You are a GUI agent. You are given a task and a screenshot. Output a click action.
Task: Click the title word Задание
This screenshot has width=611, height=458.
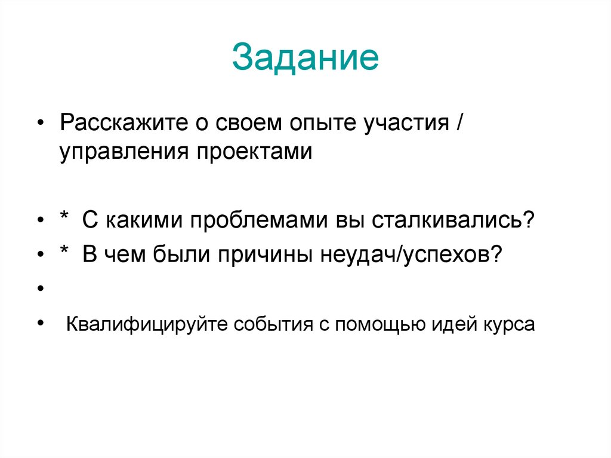[x=305, y=57]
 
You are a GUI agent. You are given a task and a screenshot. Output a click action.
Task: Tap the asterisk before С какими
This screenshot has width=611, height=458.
[x=63, y=220]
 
